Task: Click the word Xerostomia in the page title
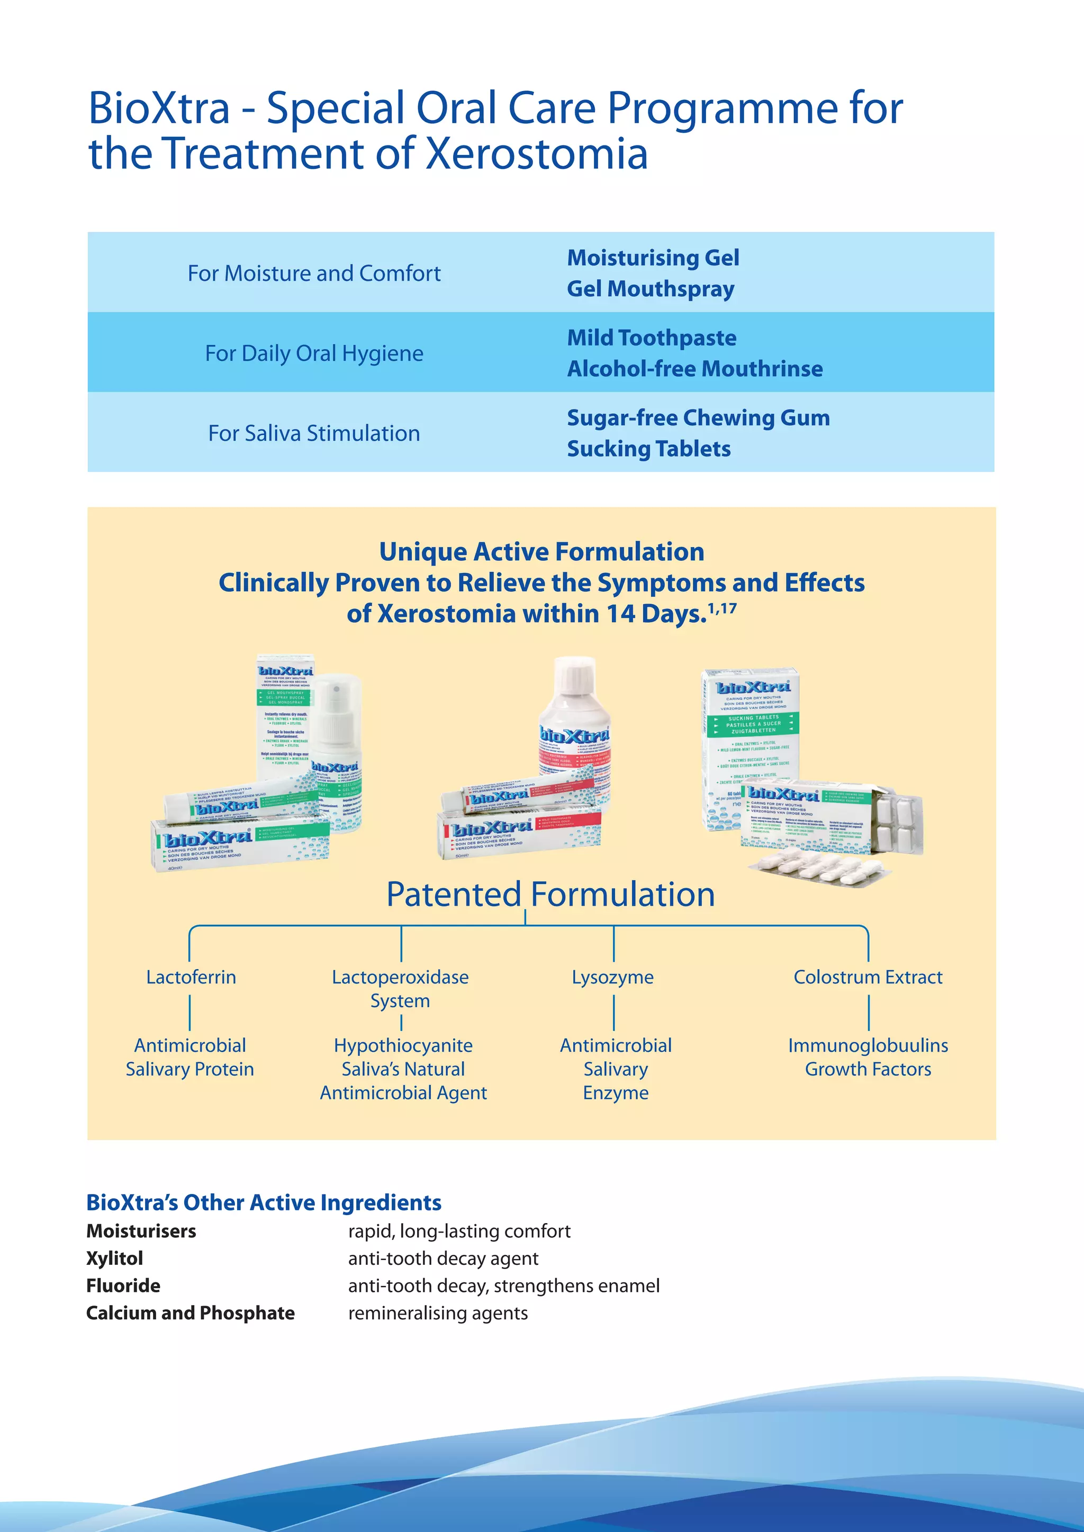point(537,153)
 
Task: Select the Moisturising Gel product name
point(653,258)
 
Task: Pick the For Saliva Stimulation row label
point(314,433)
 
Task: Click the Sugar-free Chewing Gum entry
point(698,418)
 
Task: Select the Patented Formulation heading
point(550,894)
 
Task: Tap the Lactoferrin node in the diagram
point(191,977)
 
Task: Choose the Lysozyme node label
point(613,977)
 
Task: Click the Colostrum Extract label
point(868,977)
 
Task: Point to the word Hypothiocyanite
point(403,1045)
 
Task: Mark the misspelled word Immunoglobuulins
point(868,1045)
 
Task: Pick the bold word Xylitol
point(115,1258)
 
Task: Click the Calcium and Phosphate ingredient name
point(190,1312)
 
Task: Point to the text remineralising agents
point(438,1312)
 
